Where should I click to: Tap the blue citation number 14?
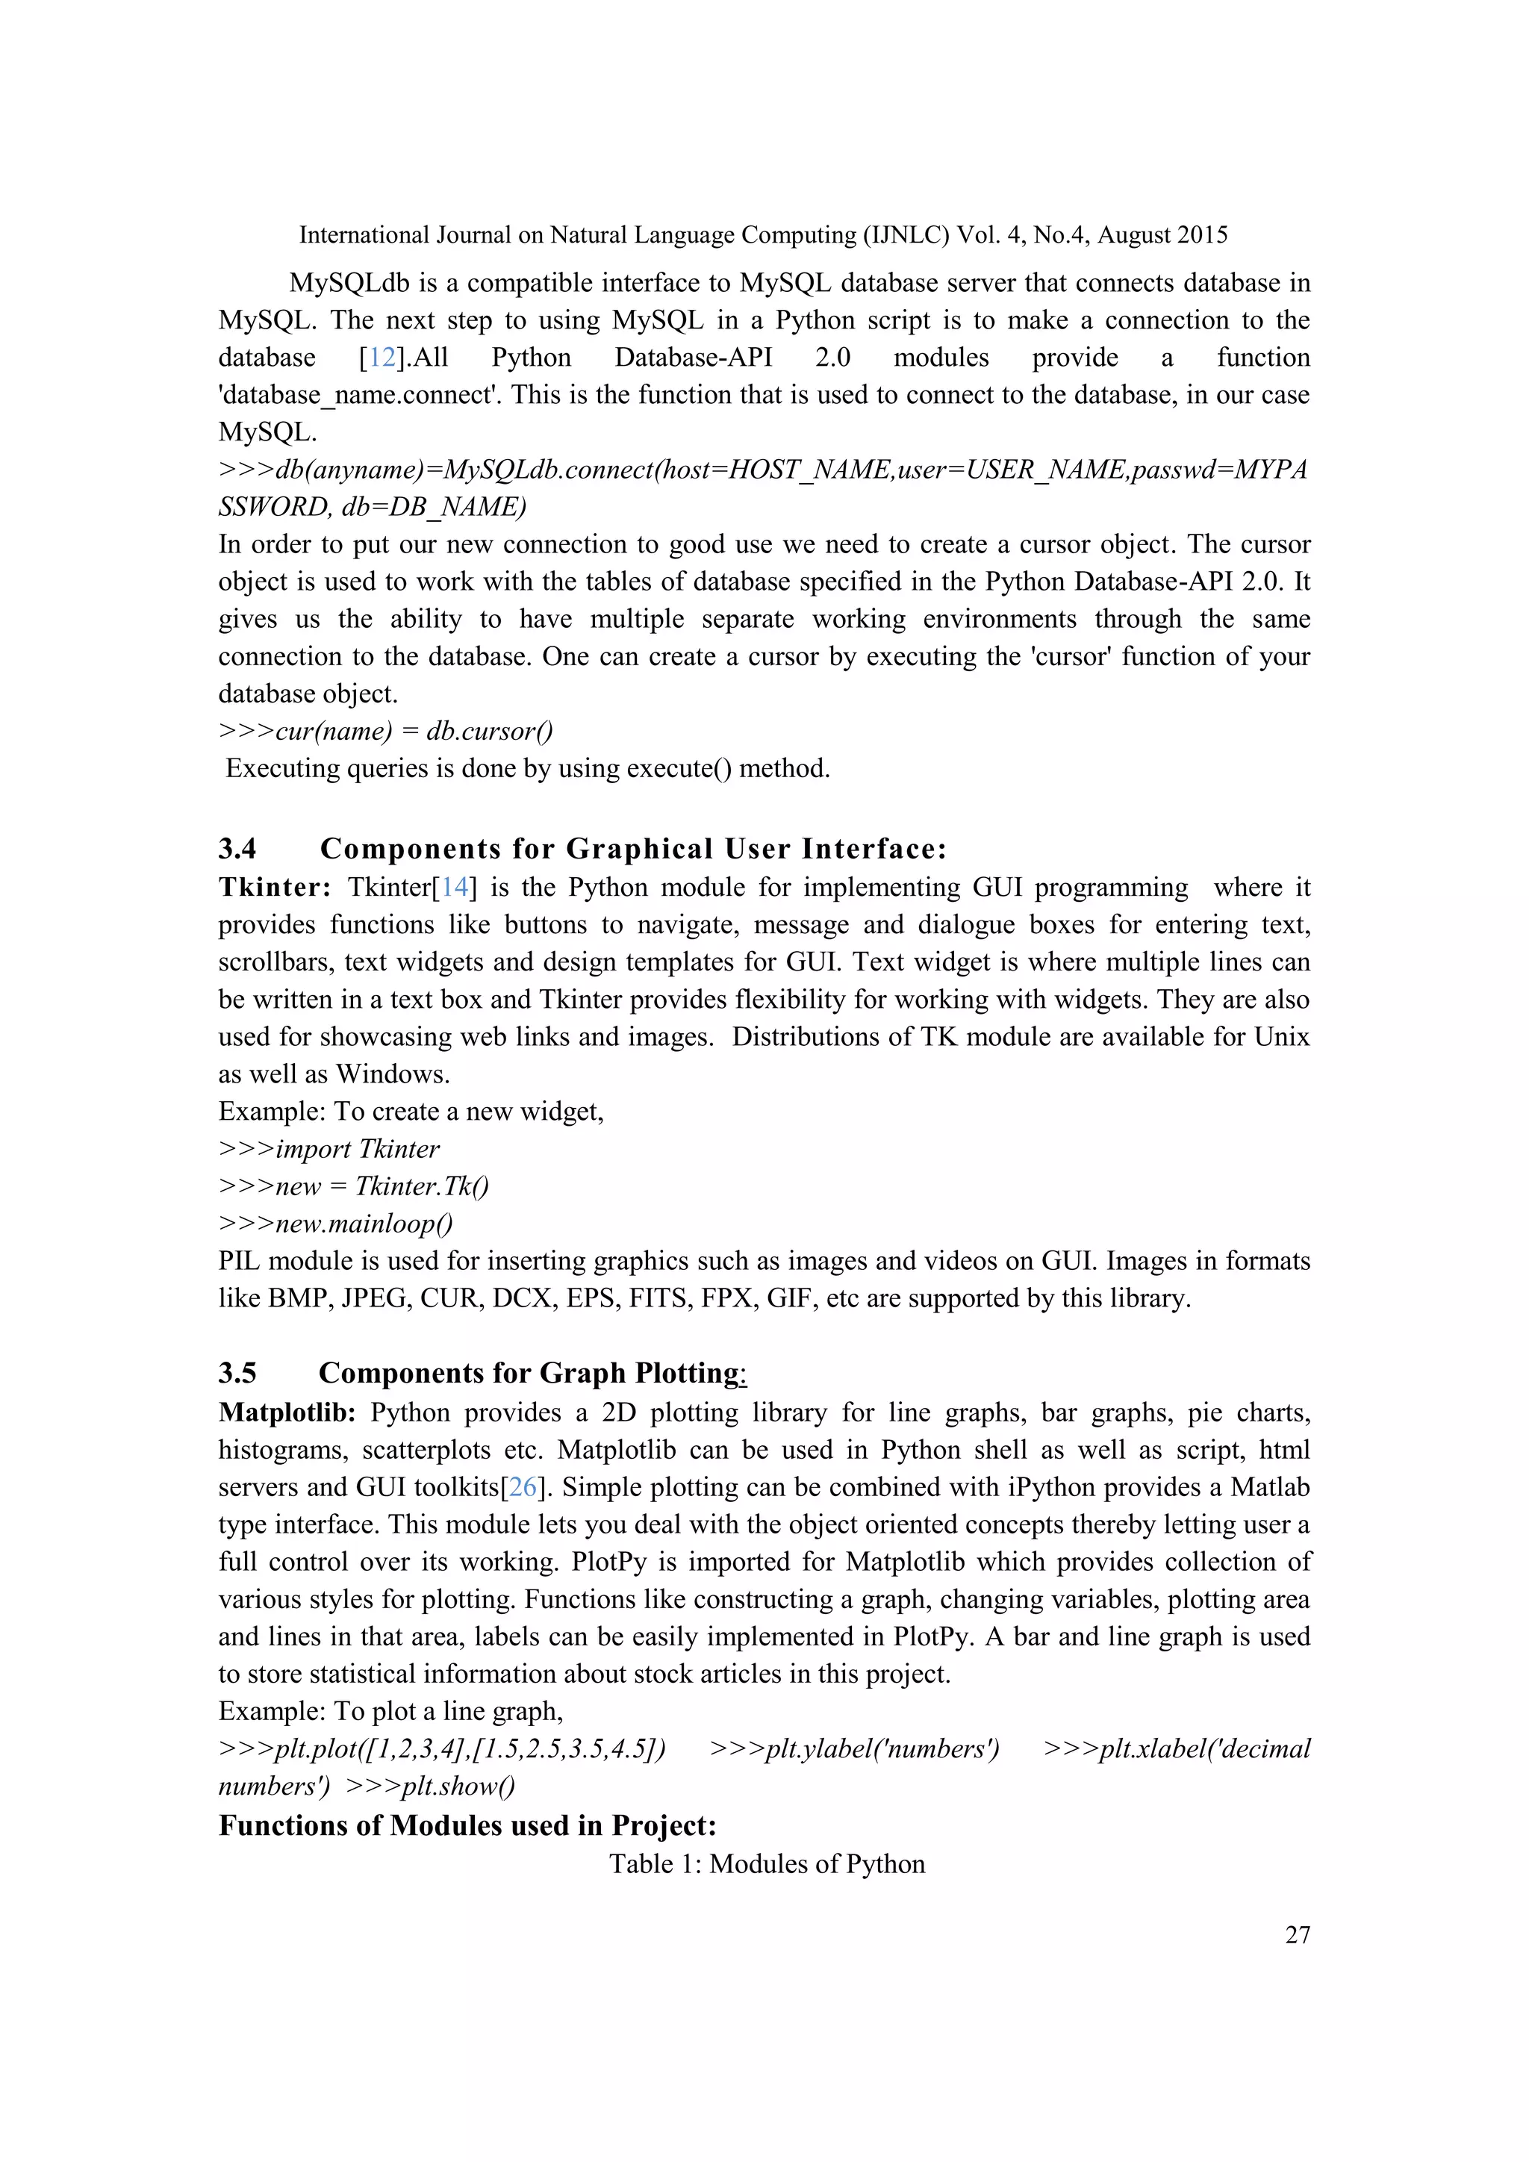(x=455, y=887)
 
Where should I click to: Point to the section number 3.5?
(x=237, y=1373)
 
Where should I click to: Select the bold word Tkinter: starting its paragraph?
(x=274, y=887)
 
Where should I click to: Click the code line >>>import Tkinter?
(x=328, y=1149)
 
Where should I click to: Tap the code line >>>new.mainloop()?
(x=335, y=1223)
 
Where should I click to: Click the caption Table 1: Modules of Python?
(x=767, y=1863)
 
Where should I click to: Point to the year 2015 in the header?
(x=1200, y=234)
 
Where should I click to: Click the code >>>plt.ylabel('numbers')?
(x=854, y=1748)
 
